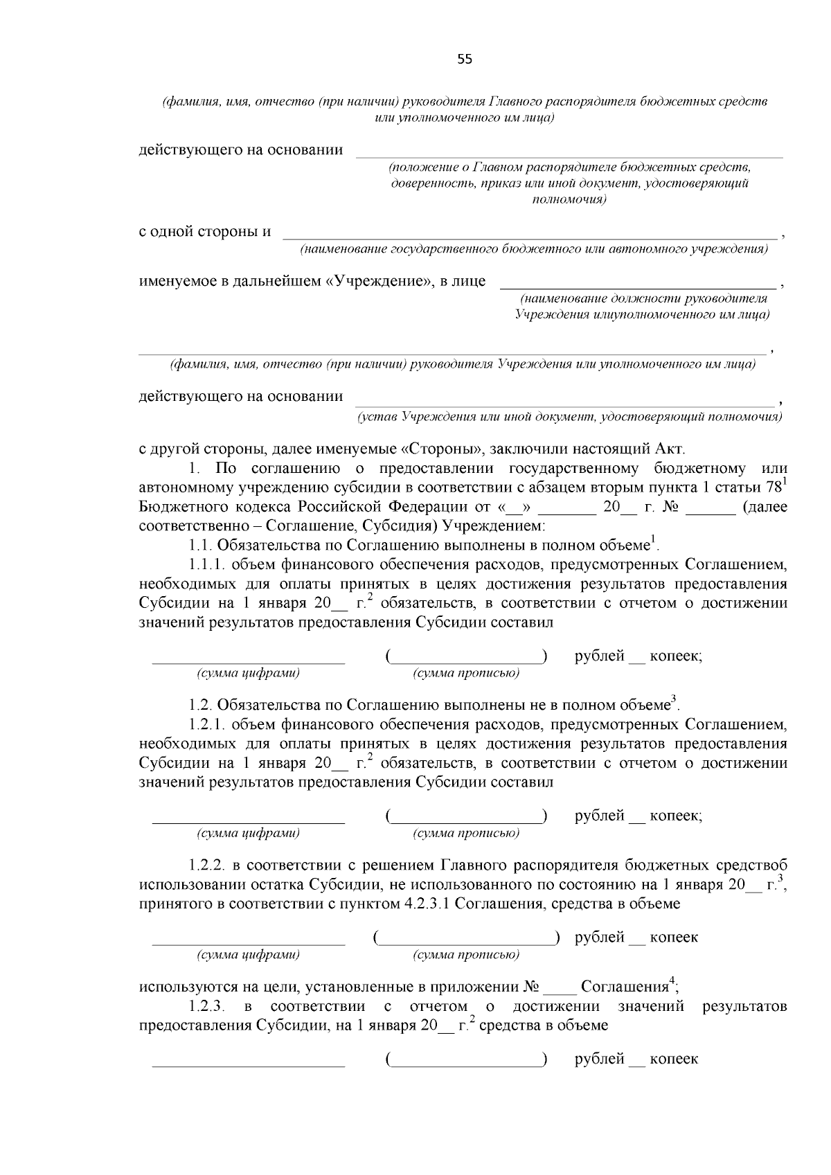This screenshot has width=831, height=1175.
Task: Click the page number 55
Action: (x=464, y=60)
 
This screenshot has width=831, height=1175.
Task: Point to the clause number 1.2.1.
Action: (x=207, y=725)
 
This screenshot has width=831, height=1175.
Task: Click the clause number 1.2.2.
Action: (x=207, y=865)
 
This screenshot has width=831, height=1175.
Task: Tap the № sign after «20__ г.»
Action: (x=670, y=507)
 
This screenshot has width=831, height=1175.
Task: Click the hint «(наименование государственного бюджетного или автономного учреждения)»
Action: (x=533, y=249)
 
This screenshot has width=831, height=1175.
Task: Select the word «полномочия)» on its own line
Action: (x=569, y=200)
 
